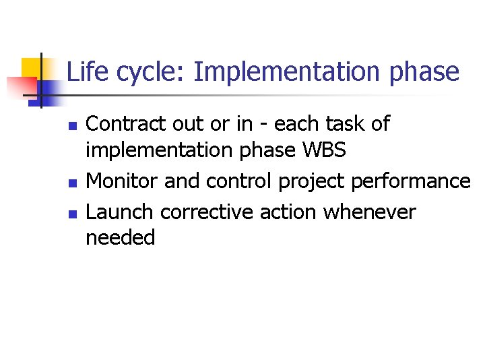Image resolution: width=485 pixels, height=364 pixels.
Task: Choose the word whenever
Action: tap(370, 212)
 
